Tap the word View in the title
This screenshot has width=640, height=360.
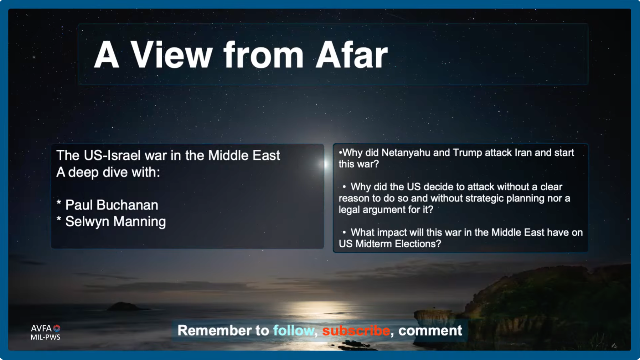pos(171,55)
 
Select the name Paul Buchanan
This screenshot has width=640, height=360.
pos(112,205)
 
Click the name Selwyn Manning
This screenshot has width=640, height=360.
pos(115,222)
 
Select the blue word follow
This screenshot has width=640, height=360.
pos(293,331)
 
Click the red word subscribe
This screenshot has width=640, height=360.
pos(356,331)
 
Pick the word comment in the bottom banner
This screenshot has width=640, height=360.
pos(430,331)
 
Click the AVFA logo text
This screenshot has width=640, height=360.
pos(42,328)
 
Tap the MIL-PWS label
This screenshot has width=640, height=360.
pos(45,337)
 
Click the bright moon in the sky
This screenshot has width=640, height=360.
pos(325,164)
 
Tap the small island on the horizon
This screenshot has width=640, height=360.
pos(124,306)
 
